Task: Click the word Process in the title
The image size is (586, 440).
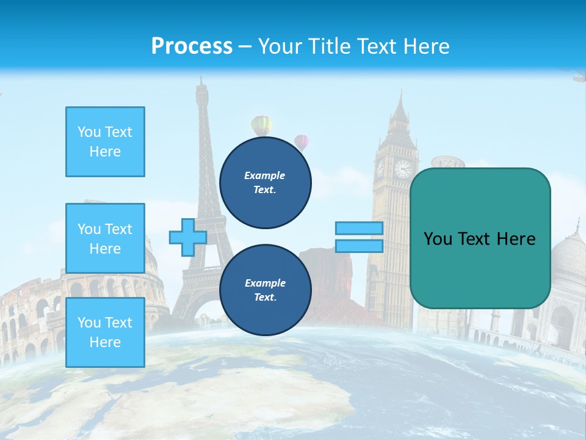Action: coord(192,46)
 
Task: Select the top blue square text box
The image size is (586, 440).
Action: coord(105,142)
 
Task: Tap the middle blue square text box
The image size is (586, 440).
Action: coord(105,238)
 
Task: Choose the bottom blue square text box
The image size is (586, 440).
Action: coord(105,332)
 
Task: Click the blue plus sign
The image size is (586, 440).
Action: coord(187,237)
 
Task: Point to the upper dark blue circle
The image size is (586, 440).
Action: coord(265,182)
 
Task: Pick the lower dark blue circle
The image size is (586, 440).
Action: coord(265,290)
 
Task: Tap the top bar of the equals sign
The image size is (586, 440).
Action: coord(359,229)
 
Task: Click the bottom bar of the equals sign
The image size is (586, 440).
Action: coord(359,246)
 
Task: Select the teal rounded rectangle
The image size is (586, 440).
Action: coord(480,238)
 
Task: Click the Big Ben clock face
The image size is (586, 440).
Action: coord(403,168)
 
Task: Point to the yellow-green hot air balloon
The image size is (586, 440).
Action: coord(261,125)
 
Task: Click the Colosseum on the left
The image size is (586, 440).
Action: coord(31,318)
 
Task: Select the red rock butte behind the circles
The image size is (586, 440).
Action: coord(333,269)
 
